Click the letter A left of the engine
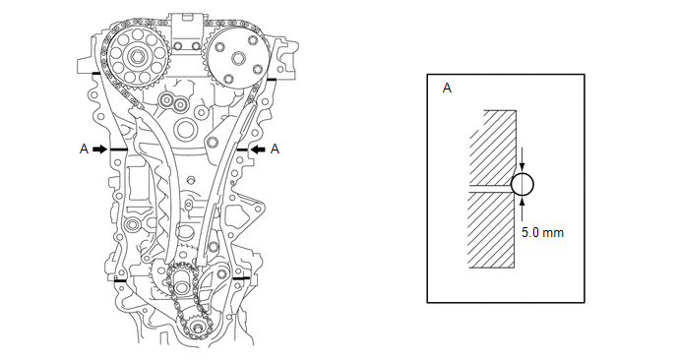click(84, 149)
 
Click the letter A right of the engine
click(275, 149)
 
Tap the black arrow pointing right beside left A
click(99, 149)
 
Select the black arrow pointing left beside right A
click(258, 149)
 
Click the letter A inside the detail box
click(448, 89)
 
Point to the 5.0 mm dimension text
click(542, 233)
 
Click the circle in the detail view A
click(523, 185)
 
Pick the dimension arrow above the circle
click(523, 160)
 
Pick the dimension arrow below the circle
click(523, 209)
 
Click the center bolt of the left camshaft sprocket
click(137, 56)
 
